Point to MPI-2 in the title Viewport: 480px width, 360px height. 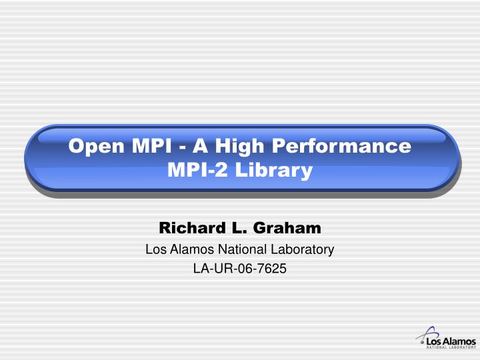(x=193, y=171)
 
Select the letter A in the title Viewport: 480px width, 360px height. (x=201, y=145)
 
